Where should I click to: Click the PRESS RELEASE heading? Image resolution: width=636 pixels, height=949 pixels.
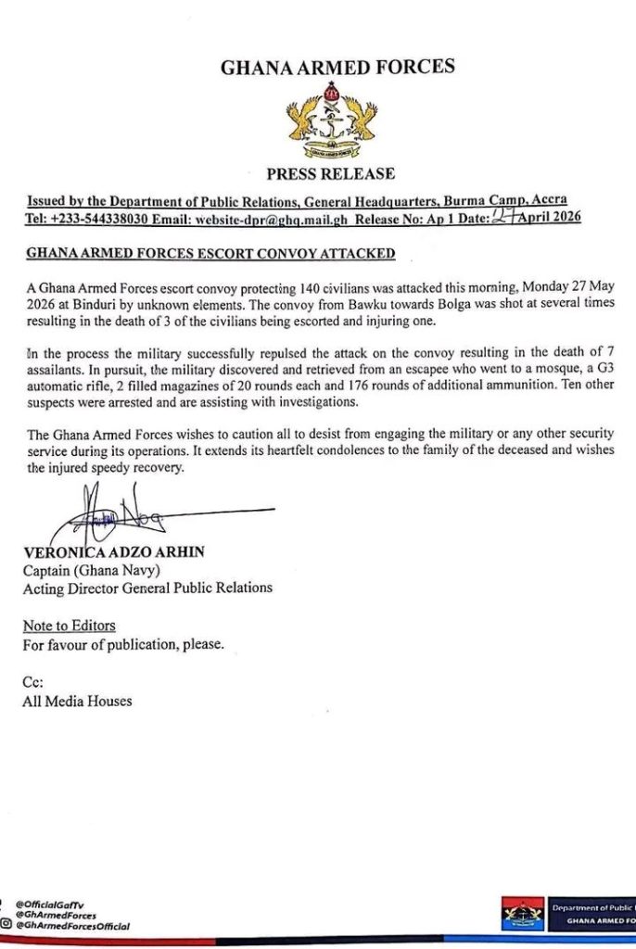331,173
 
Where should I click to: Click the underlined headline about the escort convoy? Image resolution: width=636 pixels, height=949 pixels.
210,253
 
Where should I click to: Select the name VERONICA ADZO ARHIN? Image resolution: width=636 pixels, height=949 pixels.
113,552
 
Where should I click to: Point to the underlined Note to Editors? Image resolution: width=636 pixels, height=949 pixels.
69,626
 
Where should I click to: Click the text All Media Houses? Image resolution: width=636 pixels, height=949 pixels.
77,701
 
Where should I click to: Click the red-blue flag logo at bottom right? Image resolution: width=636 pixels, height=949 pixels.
523,915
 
